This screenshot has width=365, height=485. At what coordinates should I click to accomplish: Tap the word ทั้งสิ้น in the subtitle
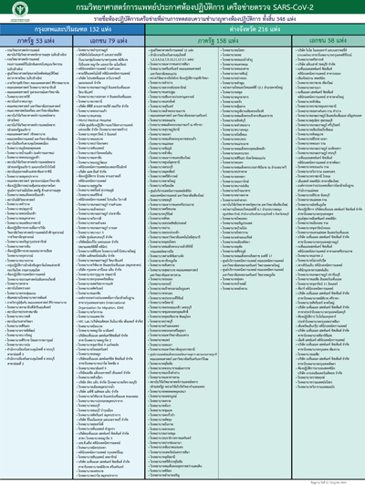[x=273, y=20]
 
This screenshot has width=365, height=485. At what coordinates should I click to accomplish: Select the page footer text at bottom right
[x=338, y=480]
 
